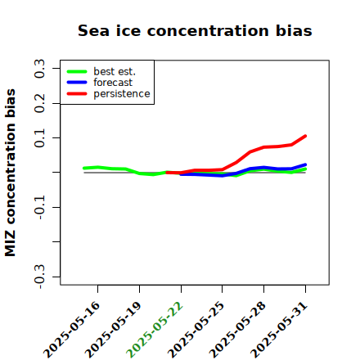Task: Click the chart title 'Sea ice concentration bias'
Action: click(x=195, y=30)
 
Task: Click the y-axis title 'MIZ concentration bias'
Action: click(x=10, y=173)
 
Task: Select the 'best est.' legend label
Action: click(x=115, y=71)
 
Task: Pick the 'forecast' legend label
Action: click(x=113, y=83)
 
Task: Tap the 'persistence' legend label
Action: click(x=122, y=94)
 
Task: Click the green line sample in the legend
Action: click(x=77, y=71)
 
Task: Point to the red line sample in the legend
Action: click(x=77, y=94)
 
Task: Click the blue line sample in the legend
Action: click(x=77, y=83)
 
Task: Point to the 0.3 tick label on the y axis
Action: click(x=39, y=69)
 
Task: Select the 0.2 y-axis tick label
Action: click(x=39, y=103)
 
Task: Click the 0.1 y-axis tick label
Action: click(x=39, y=137)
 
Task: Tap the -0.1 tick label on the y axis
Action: click(x=39, y=207)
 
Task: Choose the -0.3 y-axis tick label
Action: click(x=39, y=277)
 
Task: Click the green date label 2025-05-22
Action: click(x=155, y=330)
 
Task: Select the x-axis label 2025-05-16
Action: click(x=71, y=330)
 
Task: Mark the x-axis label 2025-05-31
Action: click(x=279, y=330)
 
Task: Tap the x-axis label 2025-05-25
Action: click(x=196, y=330)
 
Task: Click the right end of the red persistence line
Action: click(x=305, y=136)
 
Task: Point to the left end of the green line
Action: click(x=84, y=169)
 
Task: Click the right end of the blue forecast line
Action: click(x=305, y=164)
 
